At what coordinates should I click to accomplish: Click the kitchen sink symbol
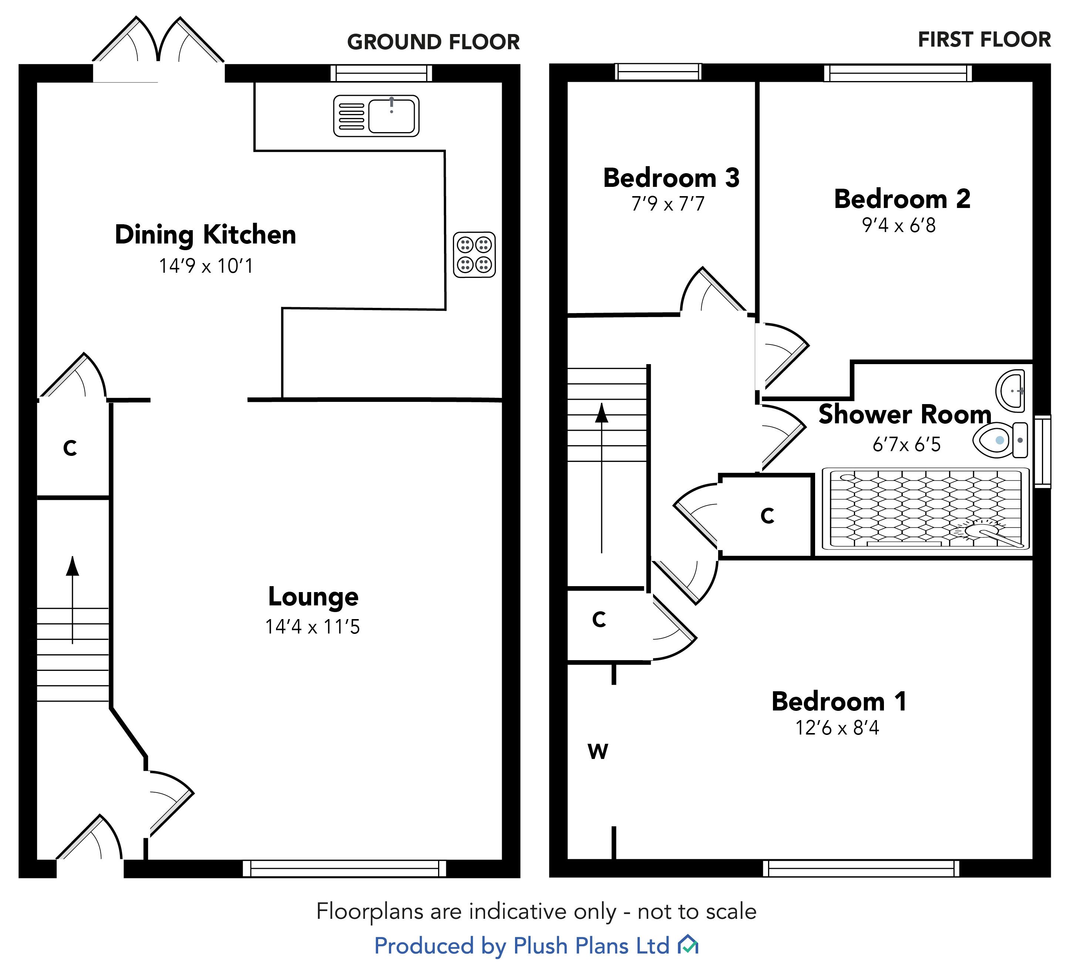pyautogui.click(x=376, y=115)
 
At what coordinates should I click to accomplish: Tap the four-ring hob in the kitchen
pyautogui.click(x=474, y=255)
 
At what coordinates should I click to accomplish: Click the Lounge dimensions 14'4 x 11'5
pyautogui.click(x=312, y=626)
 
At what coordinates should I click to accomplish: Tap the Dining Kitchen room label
pyautogui.click(x=205, y=235)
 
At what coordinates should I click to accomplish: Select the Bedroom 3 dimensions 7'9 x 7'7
pyautogui.click(x=668, y=204)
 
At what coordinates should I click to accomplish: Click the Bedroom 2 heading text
pyautogui.click(x=902, y=199)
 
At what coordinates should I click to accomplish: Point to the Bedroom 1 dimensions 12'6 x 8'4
pyautogui.click(x=837, y=728)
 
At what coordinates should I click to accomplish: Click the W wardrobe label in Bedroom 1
pyautogui.click(x=598, y=752)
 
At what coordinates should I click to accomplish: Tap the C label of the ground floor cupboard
pyautogui.click(x=70, y=448)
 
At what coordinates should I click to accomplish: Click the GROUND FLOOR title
pyautogui.click(x=433, y=42)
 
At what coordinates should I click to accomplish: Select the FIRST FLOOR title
pyautogui.click(x=984, y=40)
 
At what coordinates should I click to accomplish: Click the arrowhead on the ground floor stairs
pyautogui.click(x=73, y=566)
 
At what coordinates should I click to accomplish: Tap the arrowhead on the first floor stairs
pyautogui.click(x=601, y=413)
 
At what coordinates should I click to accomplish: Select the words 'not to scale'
pyautogui.click(x=697, y=911)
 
